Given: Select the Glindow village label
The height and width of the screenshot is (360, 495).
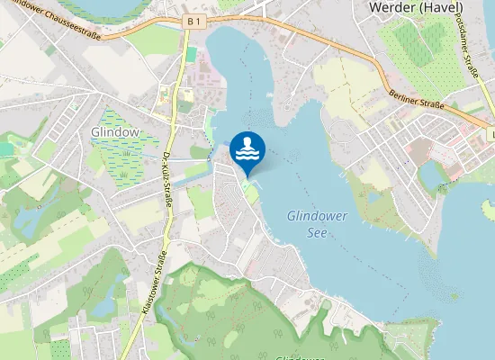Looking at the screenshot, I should click(x=115, y=131).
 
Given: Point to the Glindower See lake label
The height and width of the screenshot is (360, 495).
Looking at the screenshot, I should click(x=306, y=223).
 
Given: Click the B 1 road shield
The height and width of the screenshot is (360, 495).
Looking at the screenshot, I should click(x=192, y=20).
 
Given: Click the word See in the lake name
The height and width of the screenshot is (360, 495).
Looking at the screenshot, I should click(x=316, y=232).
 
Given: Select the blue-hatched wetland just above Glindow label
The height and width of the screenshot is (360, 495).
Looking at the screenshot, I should click(x=115, y=118).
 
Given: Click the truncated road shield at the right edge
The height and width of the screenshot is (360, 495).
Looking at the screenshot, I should click(x=491, y=134).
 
